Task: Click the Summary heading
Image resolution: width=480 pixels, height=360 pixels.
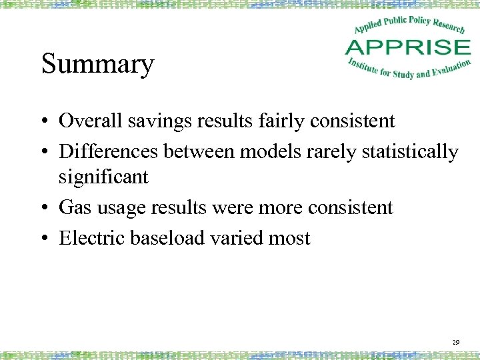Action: tap(97, 65)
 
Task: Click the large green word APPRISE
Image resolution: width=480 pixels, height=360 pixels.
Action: tap(407, 47)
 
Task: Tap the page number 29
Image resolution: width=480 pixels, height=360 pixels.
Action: tap(456, 342)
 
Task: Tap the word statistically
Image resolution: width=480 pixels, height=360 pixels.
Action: tap(410, 152)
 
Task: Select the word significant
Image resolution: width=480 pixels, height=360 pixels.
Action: tap(103, 177)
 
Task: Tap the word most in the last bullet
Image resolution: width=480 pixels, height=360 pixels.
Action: tap(289, 239)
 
